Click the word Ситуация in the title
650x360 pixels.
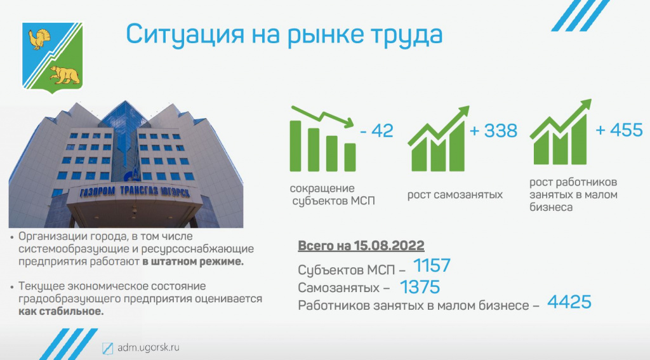185,35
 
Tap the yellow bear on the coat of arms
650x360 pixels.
64,75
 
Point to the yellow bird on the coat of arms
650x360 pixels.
39,39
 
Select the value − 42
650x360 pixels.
376,131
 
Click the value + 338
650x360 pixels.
493,131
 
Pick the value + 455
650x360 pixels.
619,130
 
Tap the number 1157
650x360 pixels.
432,266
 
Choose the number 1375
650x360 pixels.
420,287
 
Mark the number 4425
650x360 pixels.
569,302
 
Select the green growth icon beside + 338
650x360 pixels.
438,138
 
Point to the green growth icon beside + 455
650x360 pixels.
560,132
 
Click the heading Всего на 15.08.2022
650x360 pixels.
361,246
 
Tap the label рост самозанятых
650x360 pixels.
454,194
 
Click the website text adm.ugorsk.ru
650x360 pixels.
149,347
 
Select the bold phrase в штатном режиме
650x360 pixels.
193,262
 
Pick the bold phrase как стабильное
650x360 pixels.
61,312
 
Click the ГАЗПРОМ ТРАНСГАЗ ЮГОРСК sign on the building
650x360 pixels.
135,192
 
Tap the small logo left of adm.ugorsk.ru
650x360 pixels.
108,348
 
